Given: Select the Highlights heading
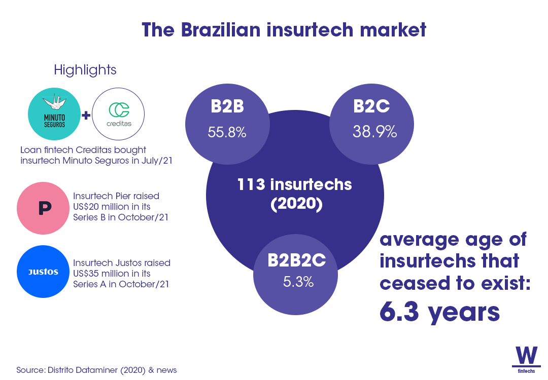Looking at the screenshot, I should click(85, 70).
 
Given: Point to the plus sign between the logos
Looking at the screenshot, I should click(86, 115).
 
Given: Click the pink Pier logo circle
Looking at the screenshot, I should click(43, 209).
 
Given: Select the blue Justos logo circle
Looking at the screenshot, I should click(43, 272).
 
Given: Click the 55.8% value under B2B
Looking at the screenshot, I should click(227, 133).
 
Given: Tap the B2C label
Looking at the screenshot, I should click(371, 107).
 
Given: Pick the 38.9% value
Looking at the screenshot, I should click(374, 133).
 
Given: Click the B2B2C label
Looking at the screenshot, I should click(296, 261).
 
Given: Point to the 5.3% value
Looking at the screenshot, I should click(298, 282).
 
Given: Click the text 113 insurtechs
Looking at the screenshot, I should click(294, 184).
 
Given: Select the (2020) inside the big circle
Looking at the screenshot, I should click(294, 204).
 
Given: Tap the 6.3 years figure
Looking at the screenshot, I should click(439, 313).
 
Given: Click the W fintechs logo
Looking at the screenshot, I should click(526, 360).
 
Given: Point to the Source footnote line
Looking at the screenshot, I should click(96, 370).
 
